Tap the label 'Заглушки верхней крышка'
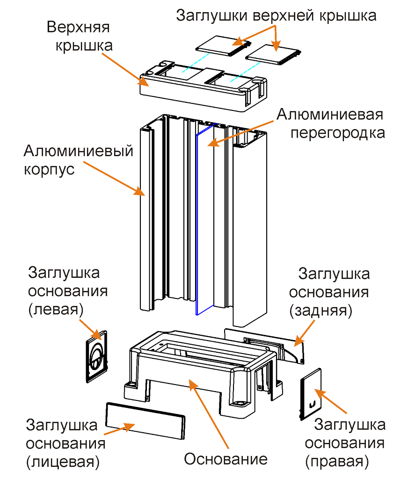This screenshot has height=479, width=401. (276, 15)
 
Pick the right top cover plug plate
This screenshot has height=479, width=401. (274, 55)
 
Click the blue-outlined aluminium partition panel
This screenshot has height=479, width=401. (204, 220)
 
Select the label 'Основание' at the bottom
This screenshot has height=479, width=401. (225, 459)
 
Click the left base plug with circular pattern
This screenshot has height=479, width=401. (97, 356)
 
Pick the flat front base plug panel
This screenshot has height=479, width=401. (143, 421)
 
